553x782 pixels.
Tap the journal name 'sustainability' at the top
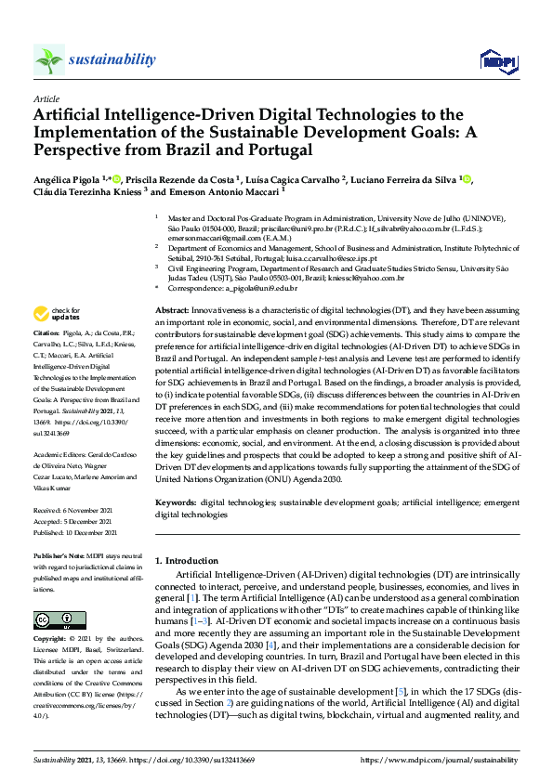112,59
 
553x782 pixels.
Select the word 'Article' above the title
46,98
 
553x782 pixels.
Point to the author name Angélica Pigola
72,178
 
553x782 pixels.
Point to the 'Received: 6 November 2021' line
74,512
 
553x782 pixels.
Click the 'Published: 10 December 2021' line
76,532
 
